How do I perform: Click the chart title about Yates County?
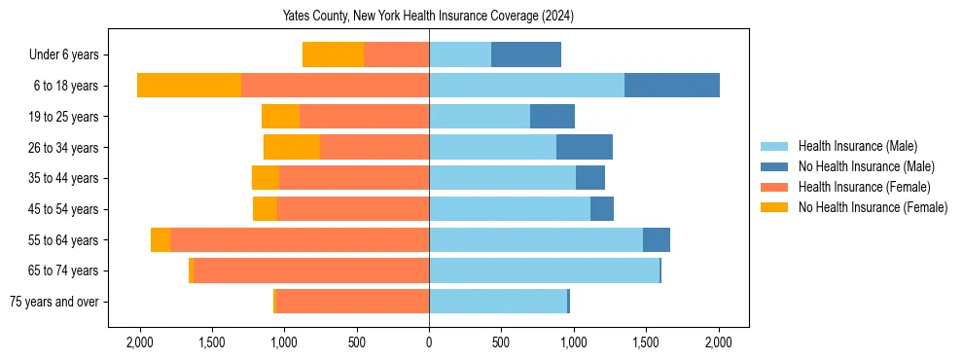click(x=429, y=17)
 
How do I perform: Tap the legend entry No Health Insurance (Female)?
click(x=871, y=207)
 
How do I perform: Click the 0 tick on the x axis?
click(x=429, y=342)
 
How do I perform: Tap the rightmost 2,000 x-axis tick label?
click(x=719, y=342)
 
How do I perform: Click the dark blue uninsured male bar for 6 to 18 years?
click(x=672, y=86)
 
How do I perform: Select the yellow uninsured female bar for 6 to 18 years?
click(x=189, y=86)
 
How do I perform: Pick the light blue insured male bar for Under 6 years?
click(x=460, y=55)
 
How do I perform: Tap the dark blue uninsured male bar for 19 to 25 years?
click(x=553, y=117)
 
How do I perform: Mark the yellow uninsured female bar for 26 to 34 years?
click(x=292, y=148)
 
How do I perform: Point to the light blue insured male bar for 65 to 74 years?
click(x=544, y=270)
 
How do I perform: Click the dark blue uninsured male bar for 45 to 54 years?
click(x=602, y=209)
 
